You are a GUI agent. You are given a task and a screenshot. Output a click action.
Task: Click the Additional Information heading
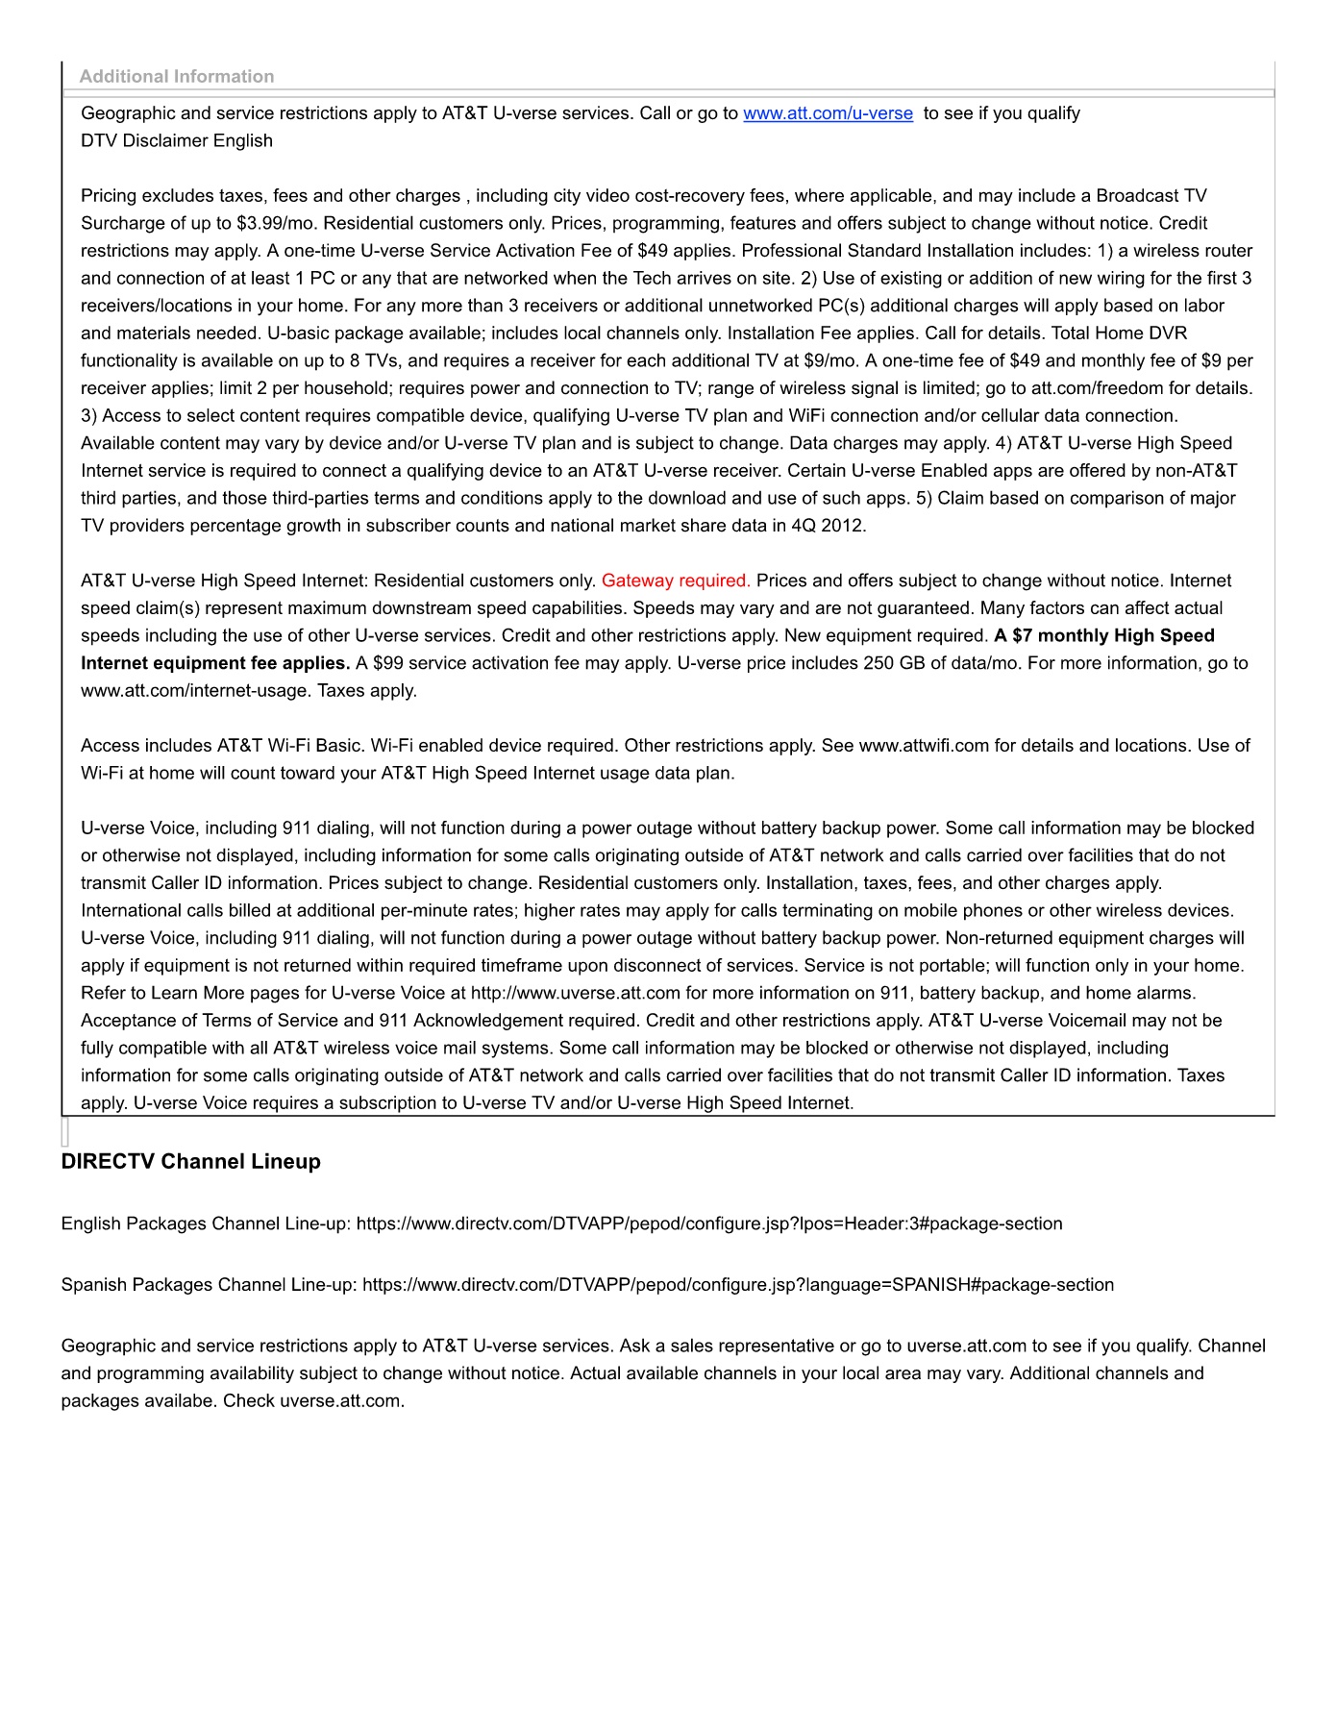[177, 77]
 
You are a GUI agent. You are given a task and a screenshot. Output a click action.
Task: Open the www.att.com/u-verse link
[828, 113]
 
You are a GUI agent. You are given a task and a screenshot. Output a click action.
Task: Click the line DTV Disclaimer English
[177, 141]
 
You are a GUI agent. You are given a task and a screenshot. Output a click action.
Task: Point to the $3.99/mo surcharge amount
[277, 223]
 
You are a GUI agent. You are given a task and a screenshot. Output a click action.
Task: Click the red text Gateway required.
[676, 581]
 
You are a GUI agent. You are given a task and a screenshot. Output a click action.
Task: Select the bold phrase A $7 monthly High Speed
[1104, 635]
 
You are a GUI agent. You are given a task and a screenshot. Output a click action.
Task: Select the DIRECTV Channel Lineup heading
[190, 1161]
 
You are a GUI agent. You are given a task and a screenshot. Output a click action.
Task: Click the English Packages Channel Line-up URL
[709, 1223]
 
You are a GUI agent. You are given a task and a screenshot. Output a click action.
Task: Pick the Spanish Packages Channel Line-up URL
[738, 1285]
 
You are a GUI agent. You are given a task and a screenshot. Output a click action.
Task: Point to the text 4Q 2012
[829, 526]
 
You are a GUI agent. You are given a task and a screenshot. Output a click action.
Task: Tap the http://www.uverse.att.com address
[576, 993]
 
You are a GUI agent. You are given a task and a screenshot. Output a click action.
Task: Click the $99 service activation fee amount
[388, 663]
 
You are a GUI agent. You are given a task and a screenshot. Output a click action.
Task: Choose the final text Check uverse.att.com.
[314, 1401]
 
